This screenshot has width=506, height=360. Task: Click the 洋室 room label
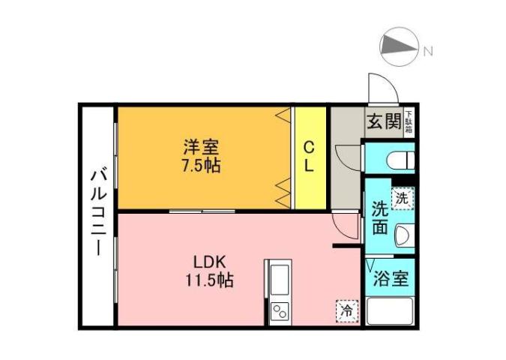click(x=202, y=148)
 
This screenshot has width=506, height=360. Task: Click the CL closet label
click(x=309, y=157)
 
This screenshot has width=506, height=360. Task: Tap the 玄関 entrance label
click(x=383, y=121)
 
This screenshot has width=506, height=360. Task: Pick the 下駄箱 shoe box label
click(x=409, y=122)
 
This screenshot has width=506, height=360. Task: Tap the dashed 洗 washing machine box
click(x=403, y=199)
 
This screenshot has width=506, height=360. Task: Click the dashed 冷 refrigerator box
click(x=347, y=310)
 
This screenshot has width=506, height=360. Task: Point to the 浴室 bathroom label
click(x=390, y=279)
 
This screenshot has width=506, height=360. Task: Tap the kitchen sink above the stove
click(x=278, y=280)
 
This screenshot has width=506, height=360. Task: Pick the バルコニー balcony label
click(x=98, y=213)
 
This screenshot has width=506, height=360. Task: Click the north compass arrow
click(x=399, y=49)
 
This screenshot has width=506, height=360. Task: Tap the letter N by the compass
click(x=427, y=51)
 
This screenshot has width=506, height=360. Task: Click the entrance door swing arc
click(x=379, y=88)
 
